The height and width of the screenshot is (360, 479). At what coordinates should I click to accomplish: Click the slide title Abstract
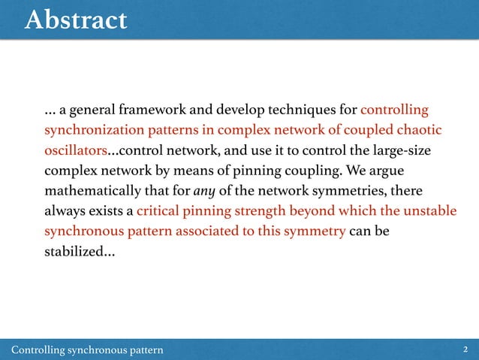click(x=75, y=20)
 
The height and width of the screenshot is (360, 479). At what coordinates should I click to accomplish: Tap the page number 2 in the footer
click(x=466, y=349)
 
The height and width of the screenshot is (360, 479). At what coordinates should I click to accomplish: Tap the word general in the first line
click(x=90, y=111)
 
